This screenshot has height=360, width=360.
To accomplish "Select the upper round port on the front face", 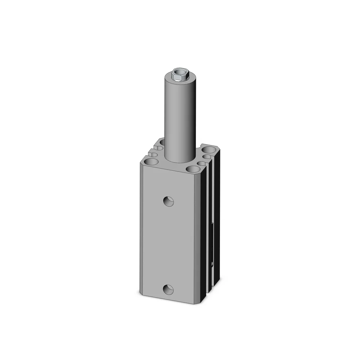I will point(168,201).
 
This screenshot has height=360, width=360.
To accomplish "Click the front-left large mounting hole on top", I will point(152,162).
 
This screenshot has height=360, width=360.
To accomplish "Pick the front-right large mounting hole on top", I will point(193,169).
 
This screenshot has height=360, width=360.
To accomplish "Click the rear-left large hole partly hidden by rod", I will point(162,143).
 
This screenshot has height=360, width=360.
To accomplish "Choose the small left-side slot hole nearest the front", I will point(154,155).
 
